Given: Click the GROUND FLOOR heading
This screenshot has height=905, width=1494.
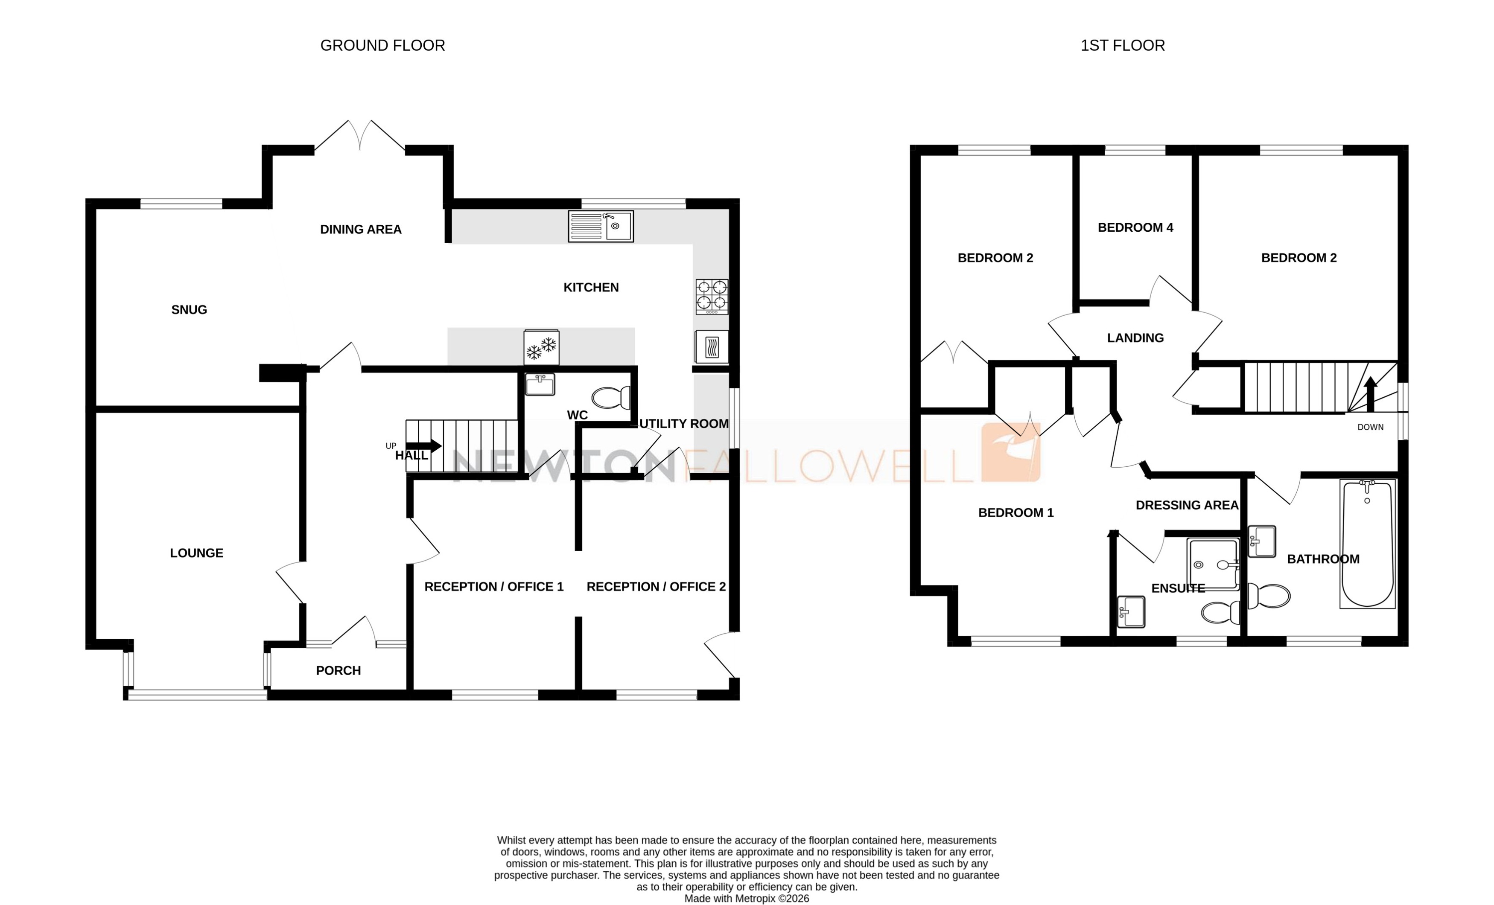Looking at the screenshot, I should (x=382, y=46).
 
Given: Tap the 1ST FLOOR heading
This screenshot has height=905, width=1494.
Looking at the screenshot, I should (x=1122, y=46).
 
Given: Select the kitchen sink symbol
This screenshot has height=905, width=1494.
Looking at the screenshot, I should (x=600, y=226).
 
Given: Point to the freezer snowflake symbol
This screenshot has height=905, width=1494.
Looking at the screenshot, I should (x=541, y=347).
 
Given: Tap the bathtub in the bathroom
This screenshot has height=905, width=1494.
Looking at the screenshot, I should (x=1367, y=544).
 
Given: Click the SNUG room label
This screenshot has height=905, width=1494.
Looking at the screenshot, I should (x=189, y=310).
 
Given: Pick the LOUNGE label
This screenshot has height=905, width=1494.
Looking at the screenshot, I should (x=196, y=553).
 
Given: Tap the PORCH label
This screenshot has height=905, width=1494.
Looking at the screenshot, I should (x=338, y=670).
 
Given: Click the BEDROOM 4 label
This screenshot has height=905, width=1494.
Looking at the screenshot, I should (x=1135, y=228).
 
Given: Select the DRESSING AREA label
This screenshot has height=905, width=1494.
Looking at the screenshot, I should (x=1187, y=505).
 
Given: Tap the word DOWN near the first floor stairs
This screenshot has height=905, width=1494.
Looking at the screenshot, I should (x=1370, y=427).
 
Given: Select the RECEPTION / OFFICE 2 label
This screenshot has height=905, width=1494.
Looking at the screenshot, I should (x=656, y=587).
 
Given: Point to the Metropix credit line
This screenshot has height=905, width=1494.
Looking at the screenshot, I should (x=747, y=898).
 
